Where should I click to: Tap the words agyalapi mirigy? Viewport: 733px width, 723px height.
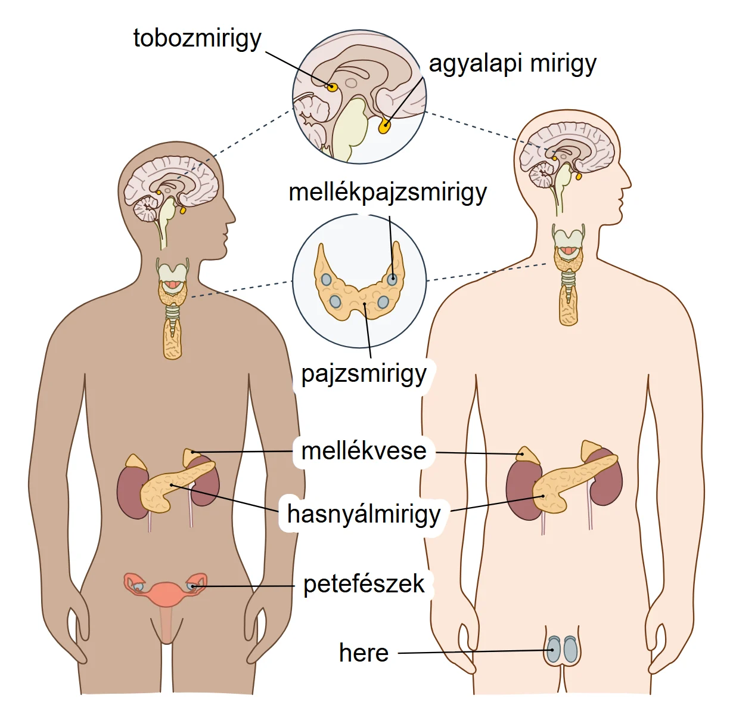(513, 64)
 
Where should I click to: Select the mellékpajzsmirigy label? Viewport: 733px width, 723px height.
(387, 193)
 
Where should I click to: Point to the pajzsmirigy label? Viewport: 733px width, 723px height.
(364, 375)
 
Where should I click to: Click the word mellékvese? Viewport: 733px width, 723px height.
(364, 451)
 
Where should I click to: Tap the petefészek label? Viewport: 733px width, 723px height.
(364, 584)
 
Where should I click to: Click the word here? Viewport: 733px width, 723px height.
(364, 653)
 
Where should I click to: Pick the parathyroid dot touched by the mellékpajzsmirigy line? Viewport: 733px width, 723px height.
(392, 280)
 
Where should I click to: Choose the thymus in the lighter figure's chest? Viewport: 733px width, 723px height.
(569, 305)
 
